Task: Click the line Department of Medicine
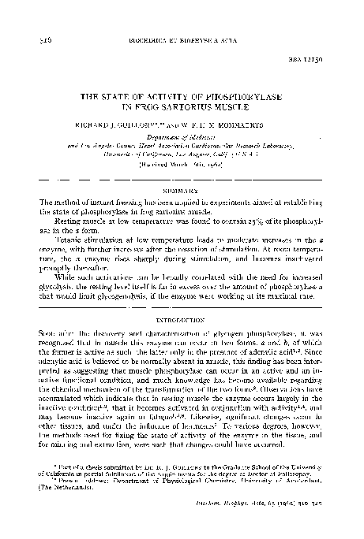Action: [x=182, y=136]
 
